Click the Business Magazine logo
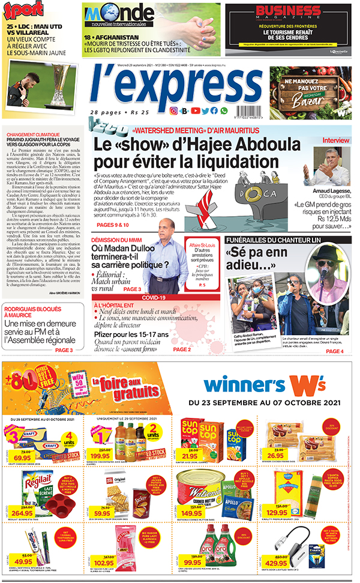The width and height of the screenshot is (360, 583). (x=289, y=13)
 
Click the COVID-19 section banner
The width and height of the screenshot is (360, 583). (x=154, y=297)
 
